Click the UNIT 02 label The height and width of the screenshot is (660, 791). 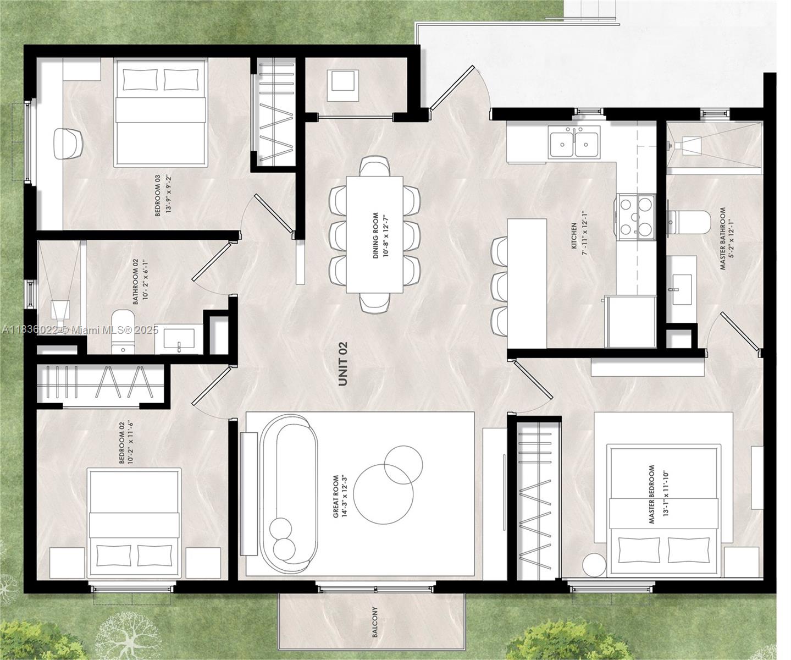tap(343, 364)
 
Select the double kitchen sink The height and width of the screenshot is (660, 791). tap(574, 142)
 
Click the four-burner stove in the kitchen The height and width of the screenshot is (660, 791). tap(635, 217)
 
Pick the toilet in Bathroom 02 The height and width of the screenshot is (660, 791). tap(123, 332)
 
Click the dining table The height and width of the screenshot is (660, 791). tap(375, 234)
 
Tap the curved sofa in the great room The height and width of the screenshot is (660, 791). tap(289, 492)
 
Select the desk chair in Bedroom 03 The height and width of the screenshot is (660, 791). tap(68, 144)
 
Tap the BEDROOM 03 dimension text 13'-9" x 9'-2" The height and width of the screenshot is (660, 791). tap(169, 194)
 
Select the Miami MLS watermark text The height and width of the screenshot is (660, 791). tap(80, 330)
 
